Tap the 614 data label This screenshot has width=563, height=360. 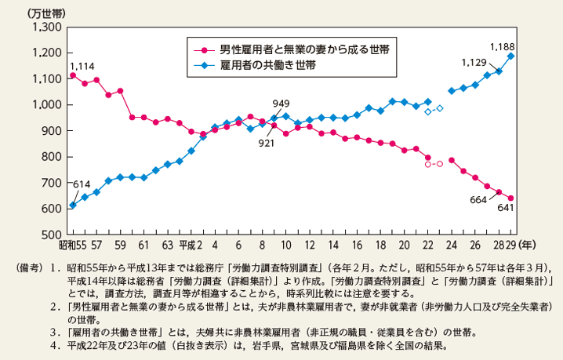pos(82,184)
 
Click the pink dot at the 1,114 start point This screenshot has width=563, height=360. pos(73,75)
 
